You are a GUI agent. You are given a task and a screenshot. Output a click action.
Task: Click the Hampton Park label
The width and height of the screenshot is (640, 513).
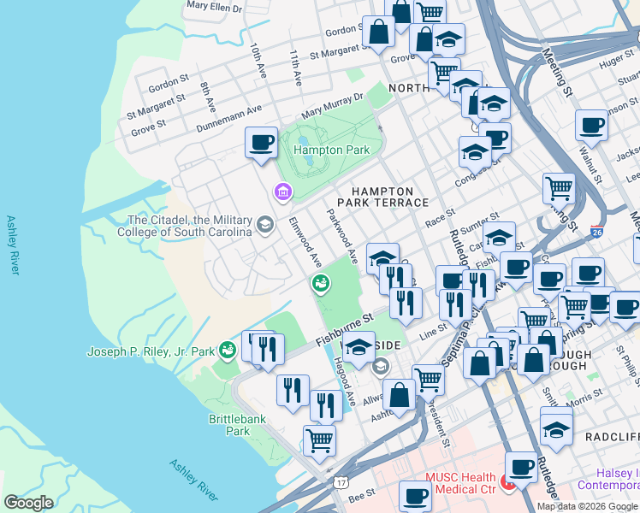coord(331,150)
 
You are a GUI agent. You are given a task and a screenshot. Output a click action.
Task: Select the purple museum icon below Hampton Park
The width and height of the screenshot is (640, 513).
coord(281,194)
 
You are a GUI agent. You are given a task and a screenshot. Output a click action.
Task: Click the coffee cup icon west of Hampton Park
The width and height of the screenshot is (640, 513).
coord(261,143)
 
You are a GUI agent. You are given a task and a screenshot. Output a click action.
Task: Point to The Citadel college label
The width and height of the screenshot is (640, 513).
coord(190,226)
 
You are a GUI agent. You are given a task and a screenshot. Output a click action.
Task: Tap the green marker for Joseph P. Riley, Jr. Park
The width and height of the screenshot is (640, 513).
coord(226,351)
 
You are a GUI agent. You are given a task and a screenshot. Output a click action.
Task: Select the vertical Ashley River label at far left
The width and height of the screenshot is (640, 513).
coord(12,245)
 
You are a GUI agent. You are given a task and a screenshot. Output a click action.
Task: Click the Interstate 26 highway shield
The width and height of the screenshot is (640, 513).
coord(596,232)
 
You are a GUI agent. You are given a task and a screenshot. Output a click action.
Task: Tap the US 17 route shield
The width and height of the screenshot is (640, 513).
coord(341,484)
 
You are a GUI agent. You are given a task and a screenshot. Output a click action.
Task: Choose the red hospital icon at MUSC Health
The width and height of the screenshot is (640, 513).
coord(507,485)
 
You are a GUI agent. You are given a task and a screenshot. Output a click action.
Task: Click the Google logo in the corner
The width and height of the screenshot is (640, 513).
coord(28,503)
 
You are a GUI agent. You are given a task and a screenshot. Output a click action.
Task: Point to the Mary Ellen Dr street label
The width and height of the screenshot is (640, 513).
coord(214,6)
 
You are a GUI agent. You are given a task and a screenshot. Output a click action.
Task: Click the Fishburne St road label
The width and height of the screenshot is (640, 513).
coord(345,328)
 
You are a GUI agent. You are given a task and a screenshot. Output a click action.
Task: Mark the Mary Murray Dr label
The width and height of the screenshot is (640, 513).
coord(333,109)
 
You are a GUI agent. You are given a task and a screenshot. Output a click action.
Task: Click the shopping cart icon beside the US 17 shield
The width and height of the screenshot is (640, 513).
coord(319,441)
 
